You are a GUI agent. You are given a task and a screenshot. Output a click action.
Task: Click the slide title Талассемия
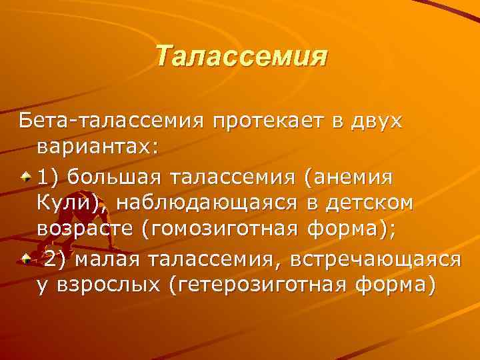pos(241,56)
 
